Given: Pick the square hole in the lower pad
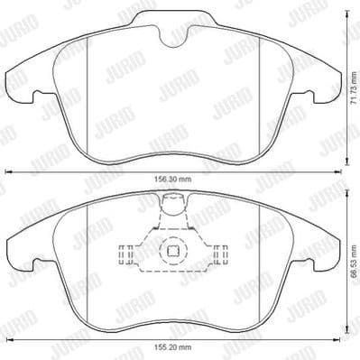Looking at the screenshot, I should tap(171, 254).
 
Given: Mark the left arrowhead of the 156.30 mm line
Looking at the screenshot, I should tap(9, 171).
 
